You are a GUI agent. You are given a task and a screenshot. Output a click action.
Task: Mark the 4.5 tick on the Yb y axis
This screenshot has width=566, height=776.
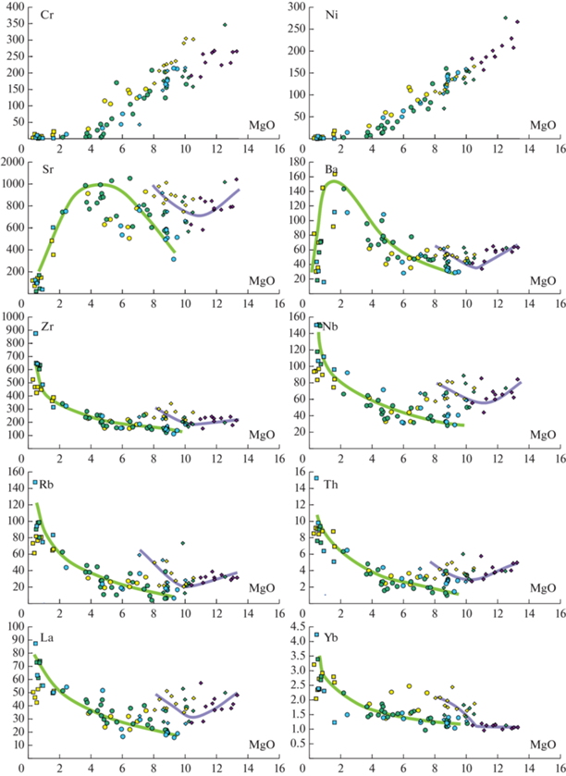click(x=295, y=626)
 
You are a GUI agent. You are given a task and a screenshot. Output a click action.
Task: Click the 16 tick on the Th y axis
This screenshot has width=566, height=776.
click(x=296, y=472)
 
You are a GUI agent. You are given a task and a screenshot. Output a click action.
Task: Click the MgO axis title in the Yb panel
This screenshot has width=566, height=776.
click(x=543, y=745)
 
